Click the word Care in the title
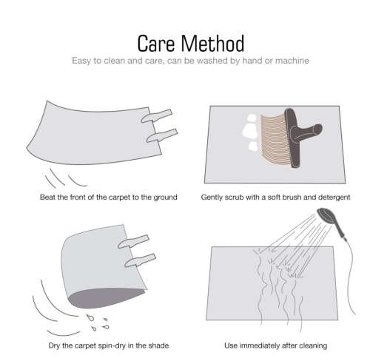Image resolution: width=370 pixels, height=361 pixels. click(x=155, y=44)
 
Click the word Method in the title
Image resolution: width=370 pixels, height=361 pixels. click(x=212, y=44)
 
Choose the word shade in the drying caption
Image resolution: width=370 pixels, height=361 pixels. click(x=158, y=345)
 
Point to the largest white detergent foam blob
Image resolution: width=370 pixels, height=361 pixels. click(x=250, y=131)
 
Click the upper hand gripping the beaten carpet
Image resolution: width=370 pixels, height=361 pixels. click(x=157, y=116)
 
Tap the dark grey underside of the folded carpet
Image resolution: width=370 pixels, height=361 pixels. click(x=106, y=298)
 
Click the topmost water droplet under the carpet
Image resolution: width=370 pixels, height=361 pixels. click(x=90, y=317)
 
